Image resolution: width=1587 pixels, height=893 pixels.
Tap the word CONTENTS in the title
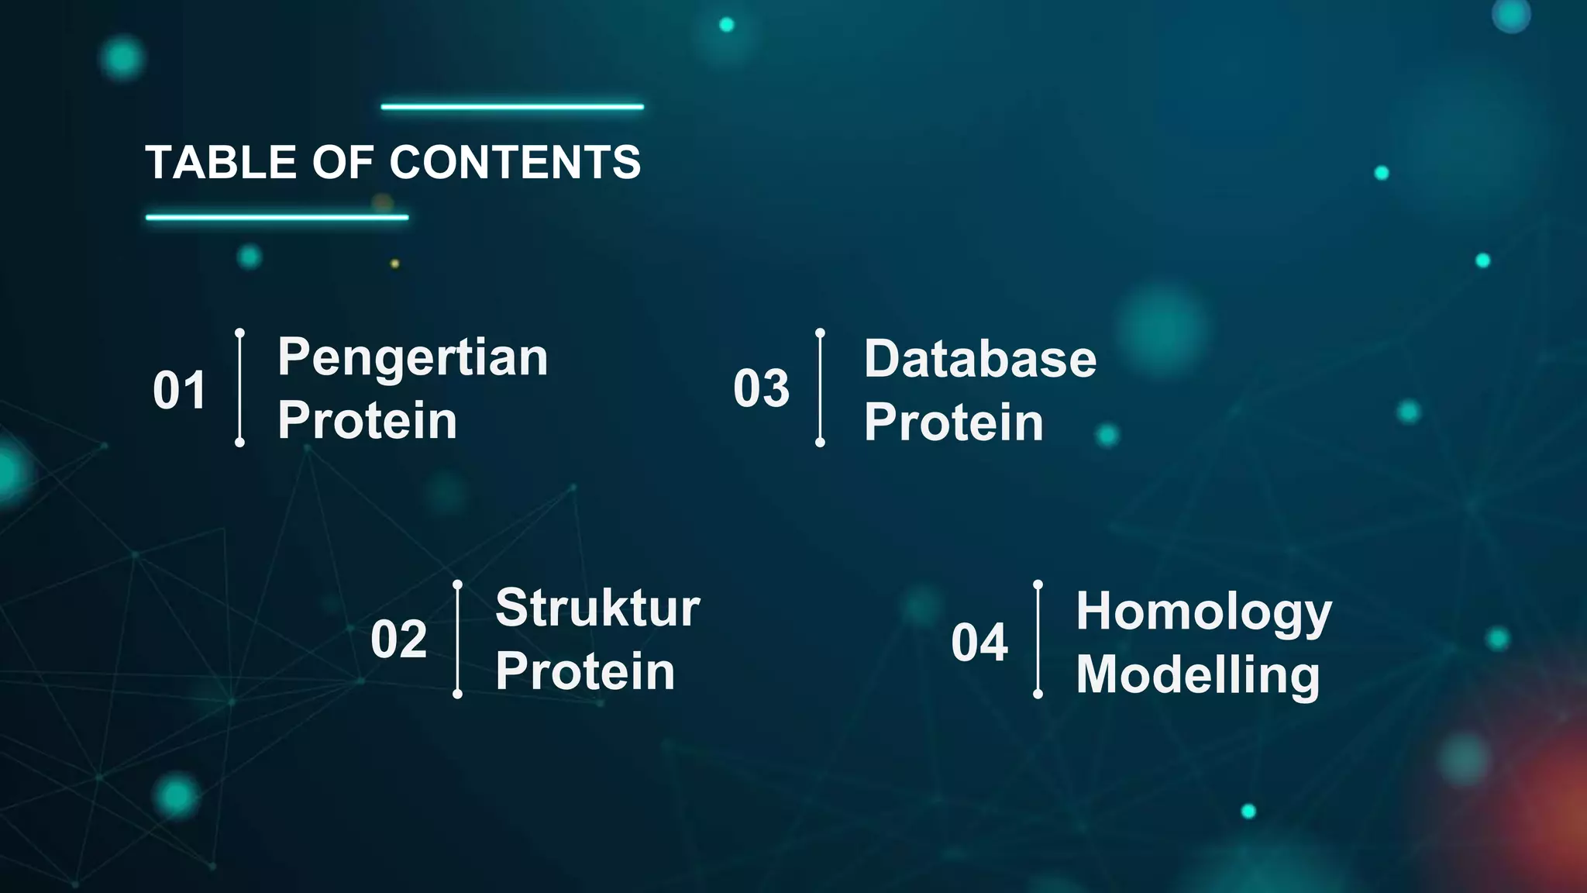515,163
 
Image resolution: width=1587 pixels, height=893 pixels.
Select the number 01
179,390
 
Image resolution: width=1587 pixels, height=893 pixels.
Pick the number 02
398,640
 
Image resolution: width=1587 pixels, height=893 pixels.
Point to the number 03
761,388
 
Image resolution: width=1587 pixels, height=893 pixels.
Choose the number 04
979,643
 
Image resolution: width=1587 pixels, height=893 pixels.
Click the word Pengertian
412,358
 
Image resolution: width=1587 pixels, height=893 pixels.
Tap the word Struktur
597,608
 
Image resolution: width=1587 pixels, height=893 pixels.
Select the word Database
980,359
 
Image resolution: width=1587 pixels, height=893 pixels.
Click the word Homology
1203,612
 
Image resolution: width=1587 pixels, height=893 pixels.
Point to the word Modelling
1197,675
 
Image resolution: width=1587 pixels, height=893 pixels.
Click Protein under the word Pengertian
367,421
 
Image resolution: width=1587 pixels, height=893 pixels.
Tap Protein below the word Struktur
585,671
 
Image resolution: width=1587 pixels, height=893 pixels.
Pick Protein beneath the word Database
954,422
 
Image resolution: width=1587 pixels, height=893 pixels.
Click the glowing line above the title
512,107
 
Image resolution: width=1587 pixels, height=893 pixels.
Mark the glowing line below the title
277,218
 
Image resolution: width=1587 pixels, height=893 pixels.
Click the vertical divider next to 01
240,388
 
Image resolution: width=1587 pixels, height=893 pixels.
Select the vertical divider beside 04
1038,640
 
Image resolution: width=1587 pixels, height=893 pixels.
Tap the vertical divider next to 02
457,640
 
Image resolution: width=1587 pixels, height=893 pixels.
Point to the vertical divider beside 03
820,388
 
